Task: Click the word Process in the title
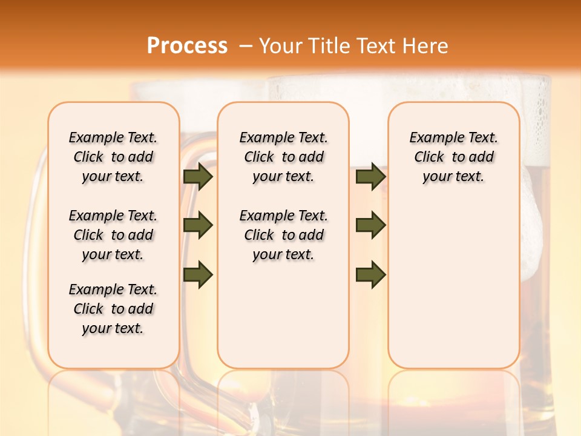click(187, 46)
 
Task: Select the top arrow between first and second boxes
click(198, 176)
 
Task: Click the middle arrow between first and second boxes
click(198, 225)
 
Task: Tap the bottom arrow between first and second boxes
click(198, 274)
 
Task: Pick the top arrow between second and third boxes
click(370, 176)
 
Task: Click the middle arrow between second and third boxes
click(370, 225)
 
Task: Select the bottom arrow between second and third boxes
click(370, 274)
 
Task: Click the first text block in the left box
click(113, 157)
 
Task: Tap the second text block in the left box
click(113, 235)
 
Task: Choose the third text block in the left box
click(113, 309)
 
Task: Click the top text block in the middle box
click(283, 157)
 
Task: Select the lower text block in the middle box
click(283, 235)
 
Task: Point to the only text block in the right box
click(453, 157)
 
